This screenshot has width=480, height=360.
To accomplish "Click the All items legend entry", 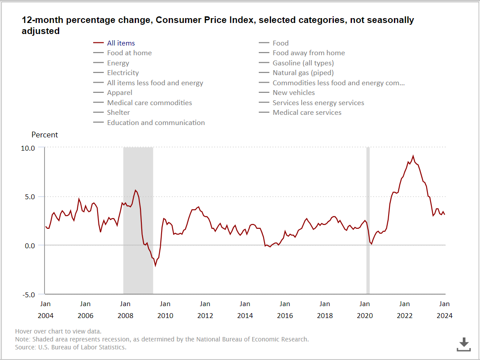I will click(121, 43).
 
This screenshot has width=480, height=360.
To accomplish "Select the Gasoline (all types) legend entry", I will click(303, 63).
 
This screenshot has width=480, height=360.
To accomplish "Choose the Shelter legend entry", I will click(118, 112).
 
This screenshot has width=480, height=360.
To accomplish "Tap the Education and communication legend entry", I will click(155, 122).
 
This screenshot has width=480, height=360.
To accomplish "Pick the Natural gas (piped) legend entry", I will click(303, 72).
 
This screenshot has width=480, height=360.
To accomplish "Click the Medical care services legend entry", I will click(307, 112).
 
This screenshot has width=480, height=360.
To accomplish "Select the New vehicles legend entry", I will click(294, 92).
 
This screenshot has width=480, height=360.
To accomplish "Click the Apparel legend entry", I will click(119, 92).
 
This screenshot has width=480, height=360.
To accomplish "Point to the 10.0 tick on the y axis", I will click(28, 148).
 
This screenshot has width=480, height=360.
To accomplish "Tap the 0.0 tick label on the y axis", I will click(30, 246).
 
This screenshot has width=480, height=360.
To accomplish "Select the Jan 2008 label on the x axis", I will click(125, 310).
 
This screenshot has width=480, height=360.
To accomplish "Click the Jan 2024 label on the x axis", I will click(445, 310).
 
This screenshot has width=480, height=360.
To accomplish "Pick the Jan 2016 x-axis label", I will click(285, 310).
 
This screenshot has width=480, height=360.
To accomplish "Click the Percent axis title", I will click(45, 135).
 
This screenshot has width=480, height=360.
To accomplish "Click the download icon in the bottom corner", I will click(464, 344).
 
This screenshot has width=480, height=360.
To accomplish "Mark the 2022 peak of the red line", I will click(413, 156).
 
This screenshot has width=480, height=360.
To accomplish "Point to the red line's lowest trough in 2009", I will click(155, 265).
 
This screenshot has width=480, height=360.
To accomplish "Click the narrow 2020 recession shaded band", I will click(368, 221).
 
